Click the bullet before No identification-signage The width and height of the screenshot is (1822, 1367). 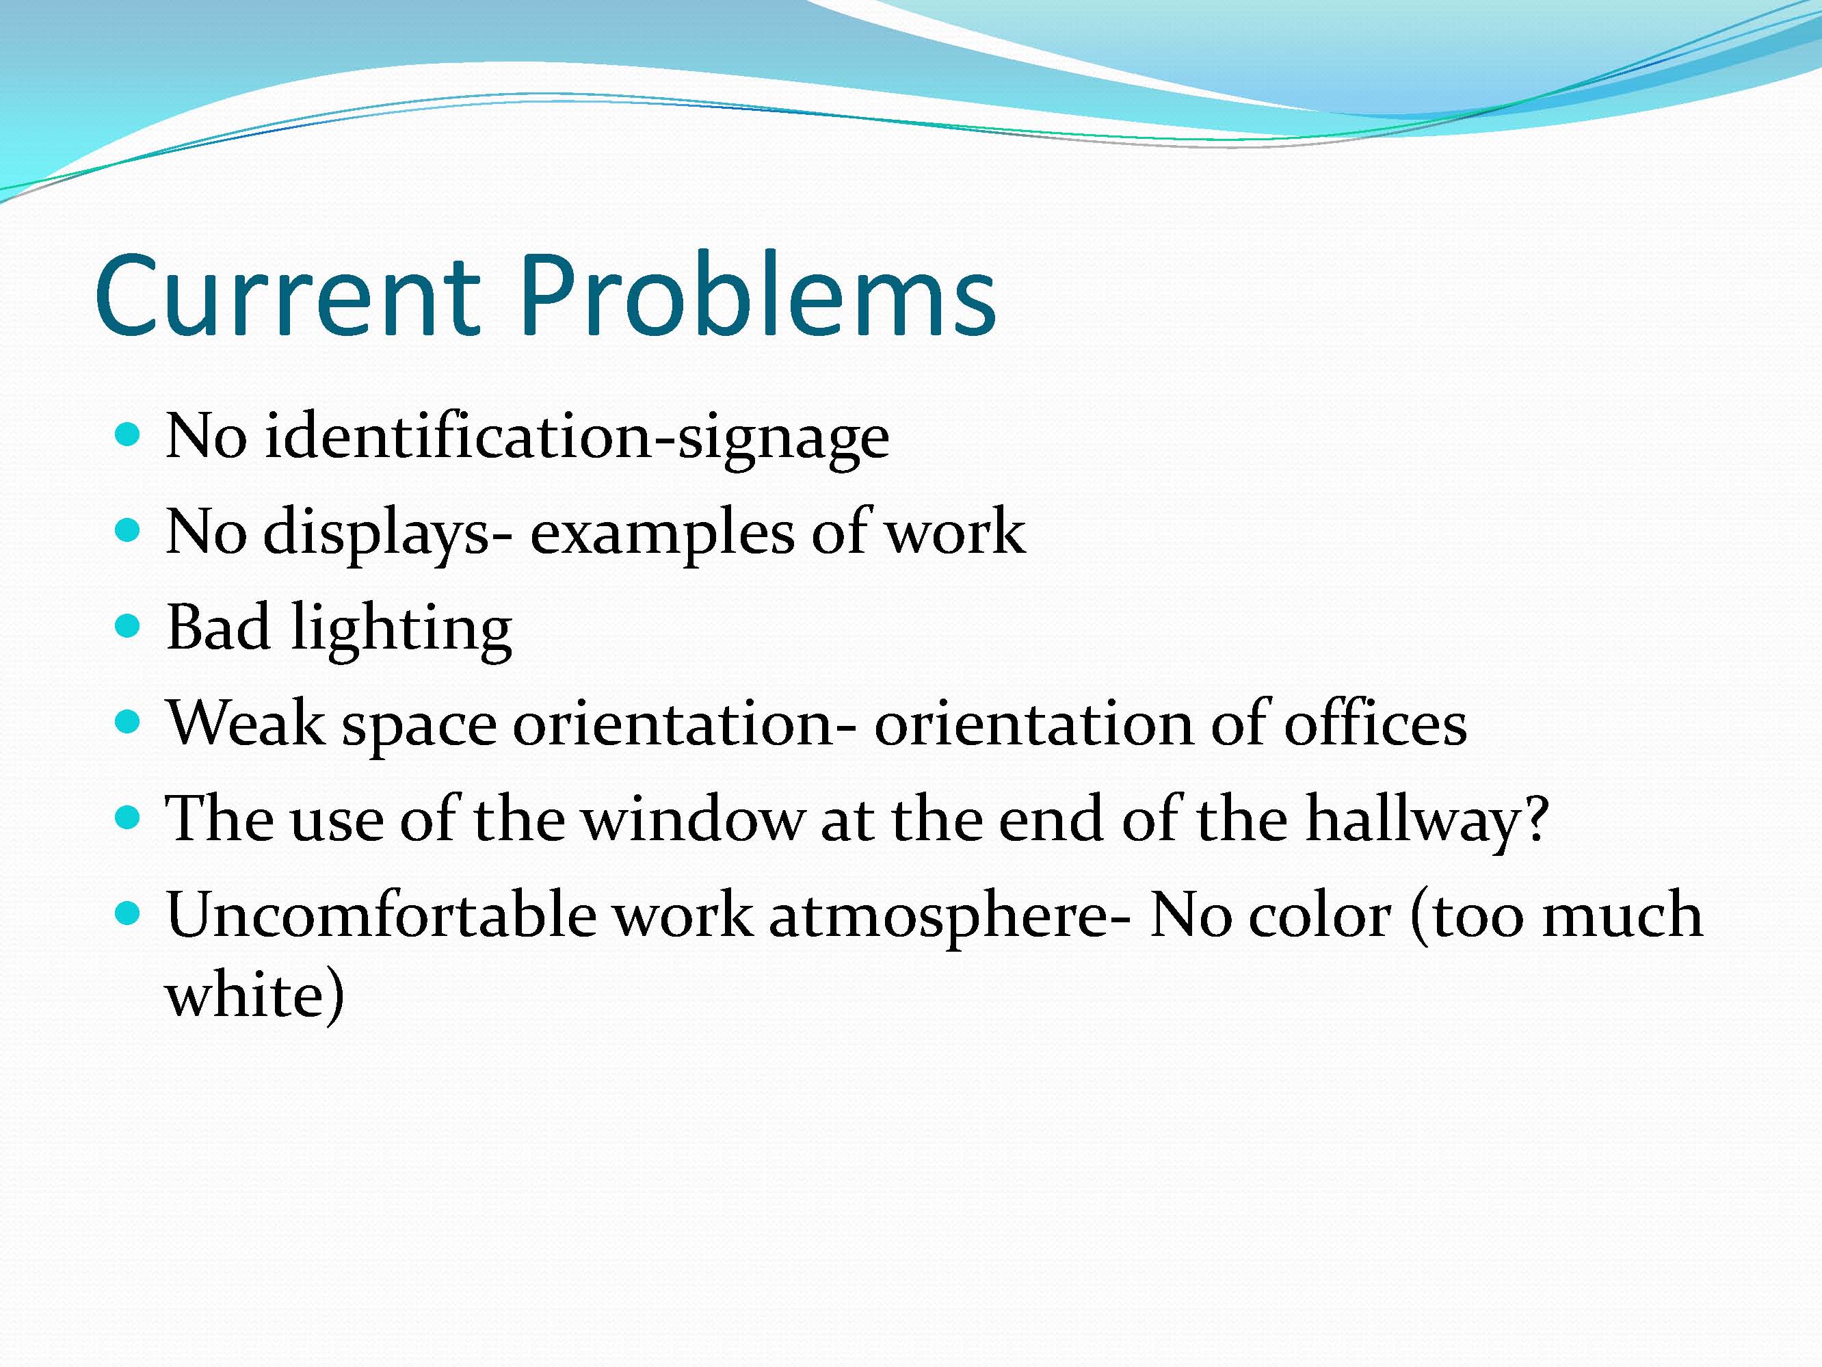coord(128,434)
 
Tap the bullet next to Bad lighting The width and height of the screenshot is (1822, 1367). coord(128,626)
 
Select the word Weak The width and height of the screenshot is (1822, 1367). coord(246,723)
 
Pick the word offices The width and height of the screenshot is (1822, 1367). coord(1376,722)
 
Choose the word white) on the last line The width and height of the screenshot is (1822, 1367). coord(254,996)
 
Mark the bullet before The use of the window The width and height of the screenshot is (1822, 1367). coord(128,818)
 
